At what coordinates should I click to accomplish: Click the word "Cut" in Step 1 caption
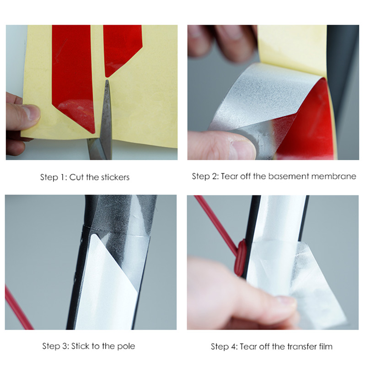pyautogui.click(x=76, y=177)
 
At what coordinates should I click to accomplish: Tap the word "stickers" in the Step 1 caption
pyautogui.click(x=115, y=177)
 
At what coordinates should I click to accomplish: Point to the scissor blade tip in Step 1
pyautogui.click(x=107, y=81)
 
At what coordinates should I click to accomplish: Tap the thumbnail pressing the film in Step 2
pyautogui.click(x=243, y=150)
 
